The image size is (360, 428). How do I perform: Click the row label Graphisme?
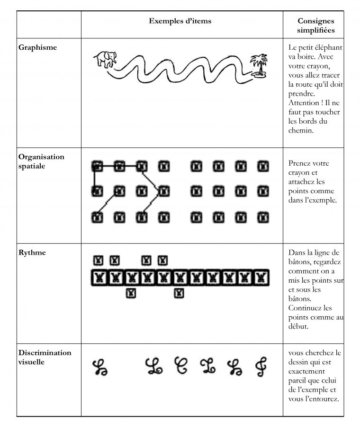point(37,47)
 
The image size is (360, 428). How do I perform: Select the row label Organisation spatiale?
point(41,161)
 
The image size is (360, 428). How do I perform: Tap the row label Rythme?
point(32,252)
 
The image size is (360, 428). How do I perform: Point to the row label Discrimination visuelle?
point(45,357)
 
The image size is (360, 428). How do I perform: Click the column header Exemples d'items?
point(180,21)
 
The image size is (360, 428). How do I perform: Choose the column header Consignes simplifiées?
point(315,26)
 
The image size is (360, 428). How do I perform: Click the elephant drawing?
point(105,60)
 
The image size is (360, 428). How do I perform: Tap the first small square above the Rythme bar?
point(98,260)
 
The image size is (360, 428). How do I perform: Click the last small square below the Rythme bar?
point(179,294)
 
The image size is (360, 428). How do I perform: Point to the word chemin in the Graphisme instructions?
point(301,130)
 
